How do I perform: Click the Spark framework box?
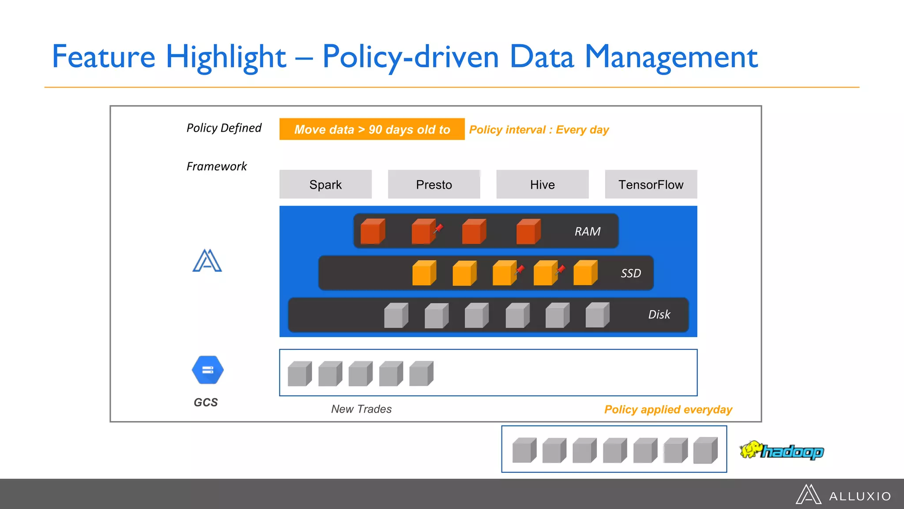coord(325,184)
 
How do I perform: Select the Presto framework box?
coord(434,184)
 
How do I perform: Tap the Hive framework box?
coord(542,184)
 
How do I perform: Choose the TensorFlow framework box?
coord(651,184)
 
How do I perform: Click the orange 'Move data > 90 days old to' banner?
coord(372,129)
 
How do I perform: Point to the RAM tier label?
coord(587,232)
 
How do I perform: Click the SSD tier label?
coord(631,273)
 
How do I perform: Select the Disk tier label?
coord(659,315)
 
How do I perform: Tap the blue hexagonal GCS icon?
coord(207,370)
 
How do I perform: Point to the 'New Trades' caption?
coord(361,409)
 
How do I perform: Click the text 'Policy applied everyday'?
coord(668,410)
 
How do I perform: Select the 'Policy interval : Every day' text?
coord(539,130)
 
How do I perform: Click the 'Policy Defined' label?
coord(224,128)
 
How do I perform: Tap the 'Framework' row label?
coord(216,167)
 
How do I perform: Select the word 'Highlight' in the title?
coord(226,57)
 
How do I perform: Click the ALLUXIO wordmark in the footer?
coord(860,497)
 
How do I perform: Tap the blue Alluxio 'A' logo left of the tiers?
coord(207,261)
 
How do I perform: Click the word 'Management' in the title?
coord(671,57)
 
